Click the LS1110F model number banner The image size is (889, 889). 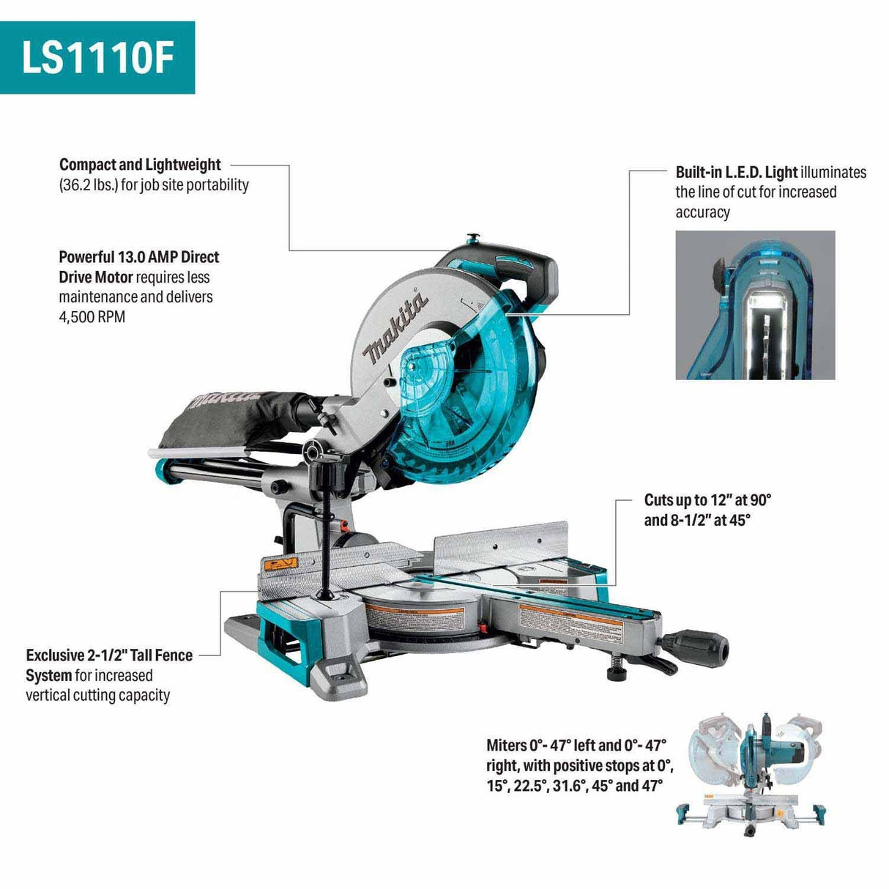tap(97, 57)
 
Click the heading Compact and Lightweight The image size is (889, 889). tap(140, 165)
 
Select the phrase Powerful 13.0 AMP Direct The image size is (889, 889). tap(139, 257)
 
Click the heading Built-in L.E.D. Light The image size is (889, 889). tap(736, 173)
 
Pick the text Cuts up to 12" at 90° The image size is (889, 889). tap(707, 500)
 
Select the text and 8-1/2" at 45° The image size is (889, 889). tap(697, 521)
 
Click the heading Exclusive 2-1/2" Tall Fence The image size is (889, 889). tap(109, 655)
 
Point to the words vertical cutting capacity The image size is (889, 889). tap(97, 695)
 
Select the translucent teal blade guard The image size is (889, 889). tap(469, 395)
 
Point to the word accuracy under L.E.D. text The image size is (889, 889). tap(702, 212)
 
